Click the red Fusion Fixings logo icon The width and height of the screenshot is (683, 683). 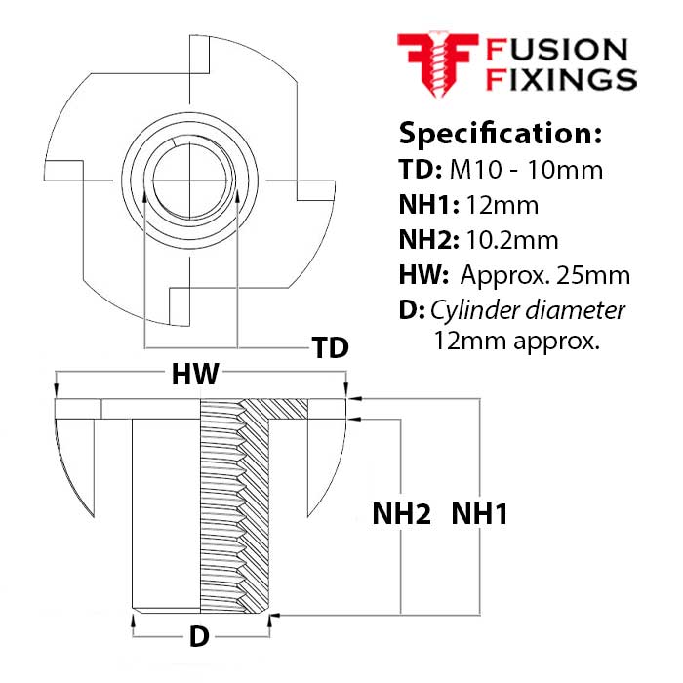(x=435, y=62)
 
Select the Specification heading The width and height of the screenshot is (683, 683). (x=501, y=133)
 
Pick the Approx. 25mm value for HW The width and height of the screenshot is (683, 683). (x=546, y=276)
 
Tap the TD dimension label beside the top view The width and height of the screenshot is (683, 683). (x=329, y=348)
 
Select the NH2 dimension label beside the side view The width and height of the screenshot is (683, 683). (x=401, y=514)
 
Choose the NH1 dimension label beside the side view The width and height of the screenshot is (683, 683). (x=478, y=514)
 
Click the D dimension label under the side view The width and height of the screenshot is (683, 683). (x=198, y=637)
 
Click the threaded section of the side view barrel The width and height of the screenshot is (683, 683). (x=234, y=507)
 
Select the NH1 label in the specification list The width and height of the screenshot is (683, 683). (x=424, y=205)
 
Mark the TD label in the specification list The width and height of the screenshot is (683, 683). (x=418, y=169)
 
